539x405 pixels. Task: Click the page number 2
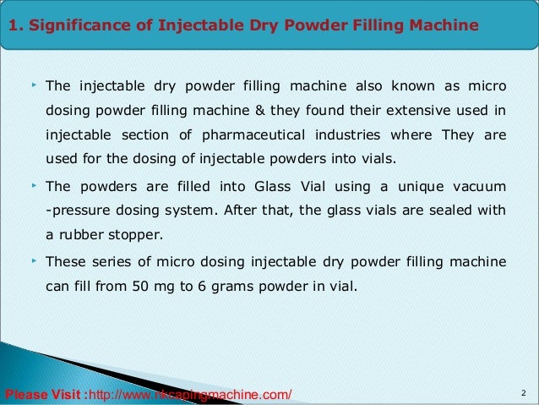pos(524,393)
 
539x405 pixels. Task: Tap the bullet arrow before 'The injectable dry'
pos(33,85)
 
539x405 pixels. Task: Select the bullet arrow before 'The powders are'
pos(33,184)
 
